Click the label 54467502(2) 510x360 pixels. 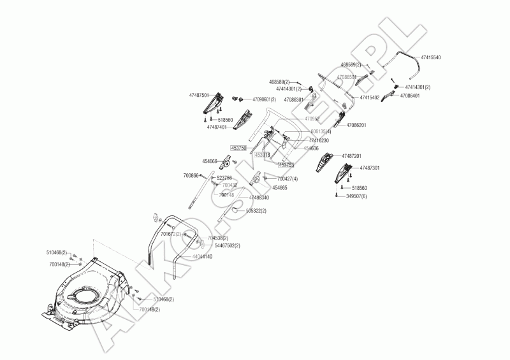tap(228, 245)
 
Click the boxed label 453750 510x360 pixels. tap(238, 148)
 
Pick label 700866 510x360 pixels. tap(191, 175)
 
